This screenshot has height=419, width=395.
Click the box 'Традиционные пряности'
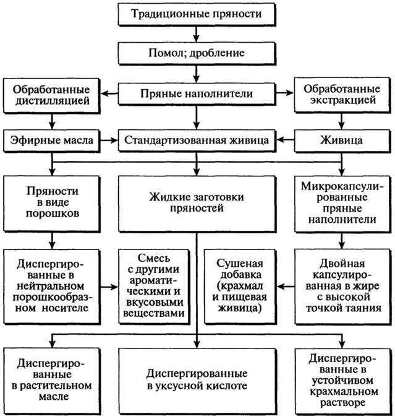tap(197, 14)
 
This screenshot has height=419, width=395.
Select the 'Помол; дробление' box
tap(197, 53)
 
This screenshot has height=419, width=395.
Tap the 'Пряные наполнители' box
tap(197, 94)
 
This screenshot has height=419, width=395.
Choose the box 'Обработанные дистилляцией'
tap(51, 96)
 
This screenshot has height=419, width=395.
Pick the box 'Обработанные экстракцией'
tap(342, 95)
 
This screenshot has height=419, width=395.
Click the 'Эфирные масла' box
tap(51, 140)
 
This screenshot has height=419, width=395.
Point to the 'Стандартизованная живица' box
tap(197, 140)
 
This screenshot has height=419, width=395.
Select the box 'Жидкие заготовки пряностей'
tap(197, 204)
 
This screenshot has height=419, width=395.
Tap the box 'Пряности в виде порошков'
tap(51, 204)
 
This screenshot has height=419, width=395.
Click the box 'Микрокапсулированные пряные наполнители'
tap(342, 204)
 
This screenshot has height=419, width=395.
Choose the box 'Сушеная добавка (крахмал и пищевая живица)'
tap(240, 287)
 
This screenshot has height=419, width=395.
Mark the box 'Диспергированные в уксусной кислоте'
tap(197, 381)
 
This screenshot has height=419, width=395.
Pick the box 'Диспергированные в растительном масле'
tap(51, 381)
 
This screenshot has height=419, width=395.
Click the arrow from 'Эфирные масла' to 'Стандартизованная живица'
tap(109, 140)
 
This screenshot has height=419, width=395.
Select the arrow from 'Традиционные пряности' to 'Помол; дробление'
tap(197, 34)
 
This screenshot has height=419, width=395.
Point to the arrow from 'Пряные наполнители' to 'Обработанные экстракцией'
tap(285, 93)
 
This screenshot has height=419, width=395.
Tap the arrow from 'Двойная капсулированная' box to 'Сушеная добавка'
tap(286, 287)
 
